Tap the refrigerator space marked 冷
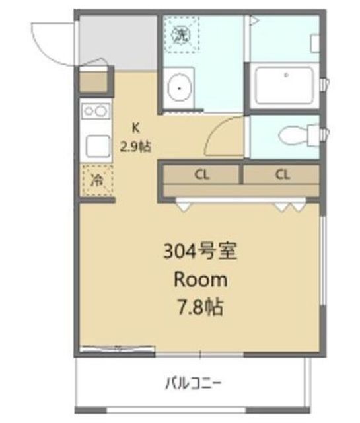96,180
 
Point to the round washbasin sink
178,85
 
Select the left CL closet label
201,175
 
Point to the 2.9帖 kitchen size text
136,147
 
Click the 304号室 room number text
200,252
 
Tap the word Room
200,279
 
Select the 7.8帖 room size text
200,307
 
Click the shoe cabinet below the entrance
92,83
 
